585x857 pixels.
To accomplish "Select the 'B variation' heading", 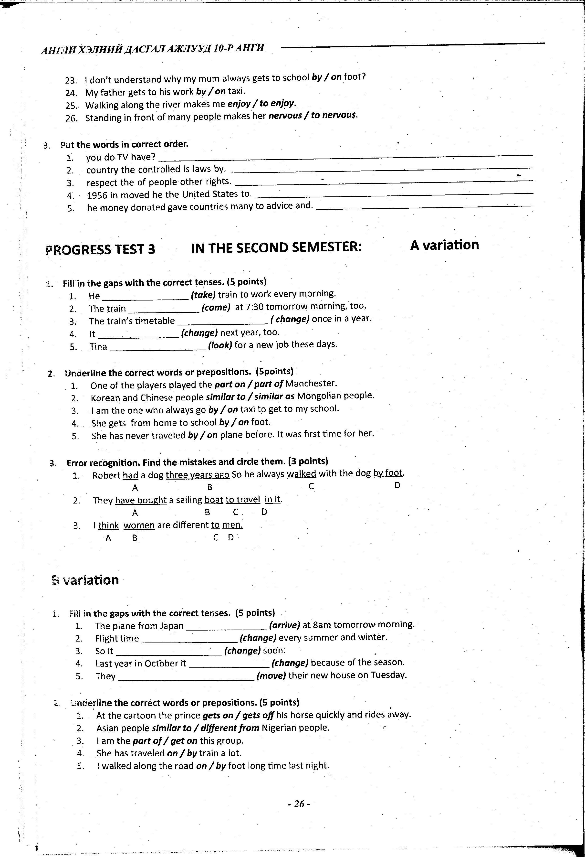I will pyautogui.click(x=85, y=580).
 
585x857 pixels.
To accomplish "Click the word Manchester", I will pyautogui.click(x=311, y=384).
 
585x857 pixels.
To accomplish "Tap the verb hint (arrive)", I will pyautogui.click(x=284, y=625).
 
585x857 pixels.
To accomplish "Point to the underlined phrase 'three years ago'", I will pyautogui.click(x=198, y=475).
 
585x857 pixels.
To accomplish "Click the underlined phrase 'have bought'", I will pyautogui.click(x=141, y=500).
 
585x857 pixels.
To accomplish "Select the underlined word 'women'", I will pyautogui.click(x=139, y=525).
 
